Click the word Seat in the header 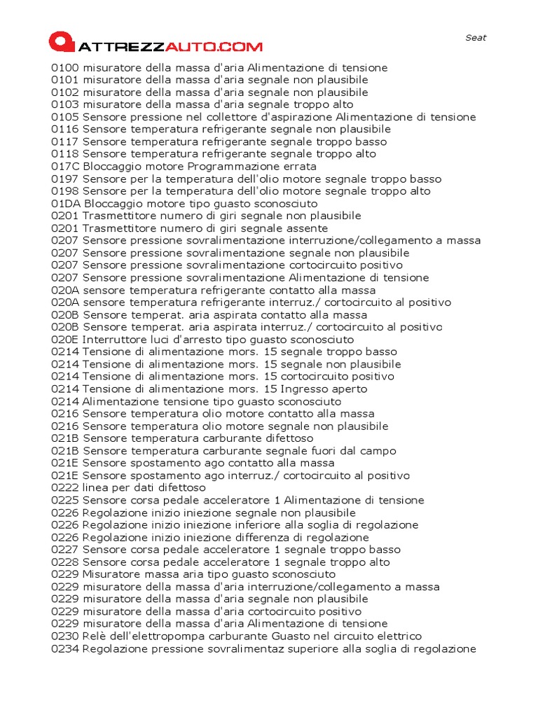(x=476, y=38)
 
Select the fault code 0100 (x=65, y=68)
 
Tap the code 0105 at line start (x=65, y=117)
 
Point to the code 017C (x=66, y=167)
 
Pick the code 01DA (x=66, y=204)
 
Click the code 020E (x=65, y=340)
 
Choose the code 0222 (x=65, y=487)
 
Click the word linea (x=95, y=487)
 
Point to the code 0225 (x=65, y=500)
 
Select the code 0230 (x=65, y=636)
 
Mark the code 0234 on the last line (x=65, y=648)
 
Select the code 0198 (x=65, y=191)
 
